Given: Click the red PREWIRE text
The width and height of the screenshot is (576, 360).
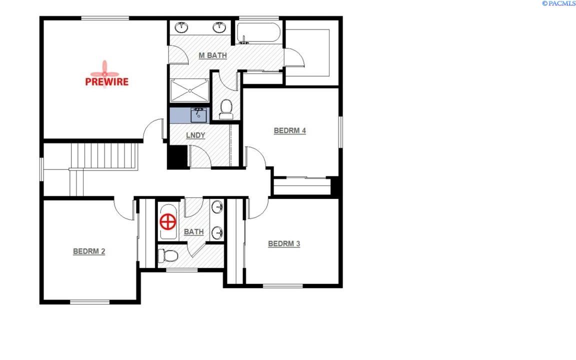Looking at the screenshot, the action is (107, 81).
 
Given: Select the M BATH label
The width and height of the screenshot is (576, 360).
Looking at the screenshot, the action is (212, 55).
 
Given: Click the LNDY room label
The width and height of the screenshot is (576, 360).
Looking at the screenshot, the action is (195, 135).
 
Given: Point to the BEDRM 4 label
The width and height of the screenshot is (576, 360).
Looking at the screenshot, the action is (290, 131).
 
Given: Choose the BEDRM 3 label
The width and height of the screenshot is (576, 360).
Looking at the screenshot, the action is (284, 244).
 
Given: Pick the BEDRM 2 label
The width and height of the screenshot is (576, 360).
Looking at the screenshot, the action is (89, 251).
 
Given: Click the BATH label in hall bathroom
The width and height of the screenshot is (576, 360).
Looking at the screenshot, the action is (193, 232).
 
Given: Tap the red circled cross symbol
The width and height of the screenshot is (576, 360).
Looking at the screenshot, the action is (168, 222).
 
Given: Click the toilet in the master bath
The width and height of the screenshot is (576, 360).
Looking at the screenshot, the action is (226, 109).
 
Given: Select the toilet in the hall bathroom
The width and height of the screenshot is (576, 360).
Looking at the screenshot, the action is (168, 255).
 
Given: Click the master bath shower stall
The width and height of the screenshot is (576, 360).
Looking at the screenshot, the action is (189, 90).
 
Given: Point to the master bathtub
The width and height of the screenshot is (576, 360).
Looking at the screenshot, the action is (258, 33).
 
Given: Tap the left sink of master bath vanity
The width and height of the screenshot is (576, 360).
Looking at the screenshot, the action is (181, 27).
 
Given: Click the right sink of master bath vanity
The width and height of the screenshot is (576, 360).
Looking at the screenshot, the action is (219, 27).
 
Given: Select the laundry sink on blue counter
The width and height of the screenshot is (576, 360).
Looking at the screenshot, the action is (198, 115).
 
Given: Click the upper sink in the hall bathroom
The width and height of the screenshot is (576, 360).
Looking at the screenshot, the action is (217, 207).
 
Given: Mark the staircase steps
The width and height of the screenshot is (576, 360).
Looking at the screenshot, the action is (104, 156).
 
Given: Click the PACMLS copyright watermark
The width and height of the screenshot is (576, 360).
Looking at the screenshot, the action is (558, 3).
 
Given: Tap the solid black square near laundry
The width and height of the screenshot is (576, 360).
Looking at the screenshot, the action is (178, 157).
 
